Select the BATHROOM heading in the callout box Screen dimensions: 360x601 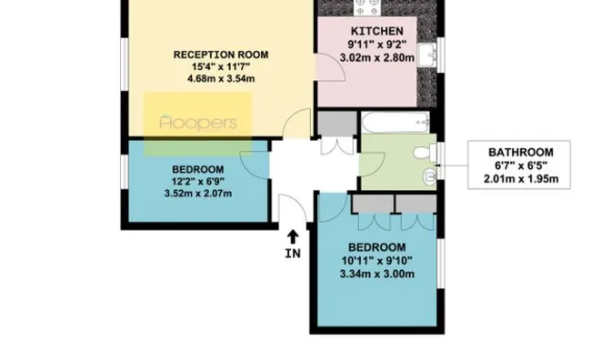click(x=520, y=152)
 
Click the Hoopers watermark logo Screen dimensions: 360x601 click(x=197, y=122)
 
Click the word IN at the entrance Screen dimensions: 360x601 click(x=292, y=254)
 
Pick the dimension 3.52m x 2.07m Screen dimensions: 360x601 click(x=197, y=193)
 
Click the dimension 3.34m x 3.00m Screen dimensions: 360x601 click(x=377, y=274)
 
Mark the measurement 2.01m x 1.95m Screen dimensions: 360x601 click(x=520, y=178)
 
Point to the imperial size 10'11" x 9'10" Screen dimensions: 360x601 click(x=377, y=261)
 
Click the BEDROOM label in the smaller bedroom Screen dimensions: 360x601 click(x=197, y=168)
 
